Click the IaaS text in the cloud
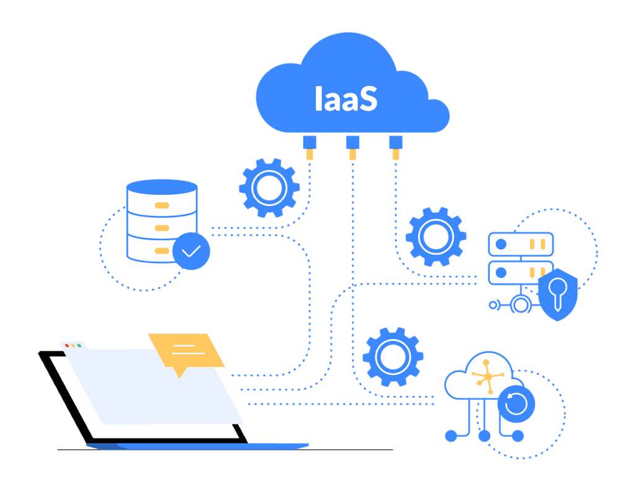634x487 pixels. coord(345,98)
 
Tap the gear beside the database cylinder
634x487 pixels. coord(269,188)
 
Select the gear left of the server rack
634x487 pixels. coord(436,237)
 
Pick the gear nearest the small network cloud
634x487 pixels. coord(393,357)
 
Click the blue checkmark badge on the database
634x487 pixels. coord(191,251)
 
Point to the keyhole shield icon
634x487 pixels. coord(558,294)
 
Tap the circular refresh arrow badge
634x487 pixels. coord(516,403)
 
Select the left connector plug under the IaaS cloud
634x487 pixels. coord(310,148)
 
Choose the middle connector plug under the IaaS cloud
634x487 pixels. coord(352,148)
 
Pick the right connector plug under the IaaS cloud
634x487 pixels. coord(396,148)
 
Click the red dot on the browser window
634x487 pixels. coord(67,345)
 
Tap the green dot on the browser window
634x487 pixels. coord(79,345)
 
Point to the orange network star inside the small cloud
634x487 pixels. coord(489,377)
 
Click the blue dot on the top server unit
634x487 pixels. coord(502,244)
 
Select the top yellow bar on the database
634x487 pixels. coord(162,205)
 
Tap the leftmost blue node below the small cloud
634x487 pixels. coord(451,436)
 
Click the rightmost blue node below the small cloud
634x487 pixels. coord(518,436)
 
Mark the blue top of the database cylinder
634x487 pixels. coord(162,187)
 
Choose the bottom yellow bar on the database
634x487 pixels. coord(162,251)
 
